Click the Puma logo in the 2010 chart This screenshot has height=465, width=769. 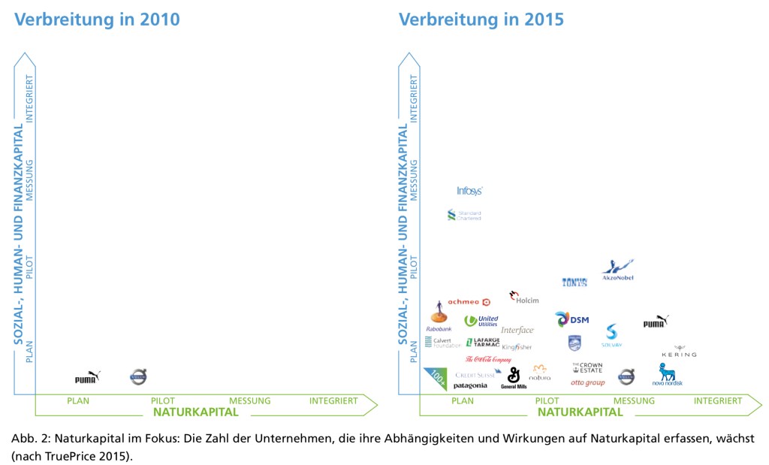87,377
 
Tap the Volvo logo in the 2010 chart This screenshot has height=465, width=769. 138,376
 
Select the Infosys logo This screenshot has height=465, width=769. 469,191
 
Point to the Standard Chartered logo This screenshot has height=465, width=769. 463,216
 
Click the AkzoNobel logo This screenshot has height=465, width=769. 618,270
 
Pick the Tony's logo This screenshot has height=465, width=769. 574,282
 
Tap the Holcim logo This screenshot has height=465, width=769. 523,297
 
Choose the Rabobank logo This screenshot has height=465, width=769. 439,316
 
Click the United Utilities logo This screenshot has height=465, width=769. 481,321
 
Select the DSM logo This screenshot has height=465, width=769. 571,319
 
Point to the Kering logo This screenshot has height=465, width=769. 679,352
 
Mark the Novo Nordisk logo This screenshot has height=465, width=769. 667,374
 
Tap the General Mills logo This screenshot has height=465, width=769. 514,377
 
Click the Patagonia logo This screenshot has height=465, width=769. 470,386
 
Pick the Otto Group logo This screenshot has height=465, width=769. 587,383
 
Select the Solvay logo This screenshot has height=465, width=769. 611,336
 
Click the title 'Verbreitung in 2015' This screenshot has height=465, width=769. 481,20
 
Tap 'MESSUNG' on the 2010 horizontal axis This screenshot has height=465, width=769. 249,401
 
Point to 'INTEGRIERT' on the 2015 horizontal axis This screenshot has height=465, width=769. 718,401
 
